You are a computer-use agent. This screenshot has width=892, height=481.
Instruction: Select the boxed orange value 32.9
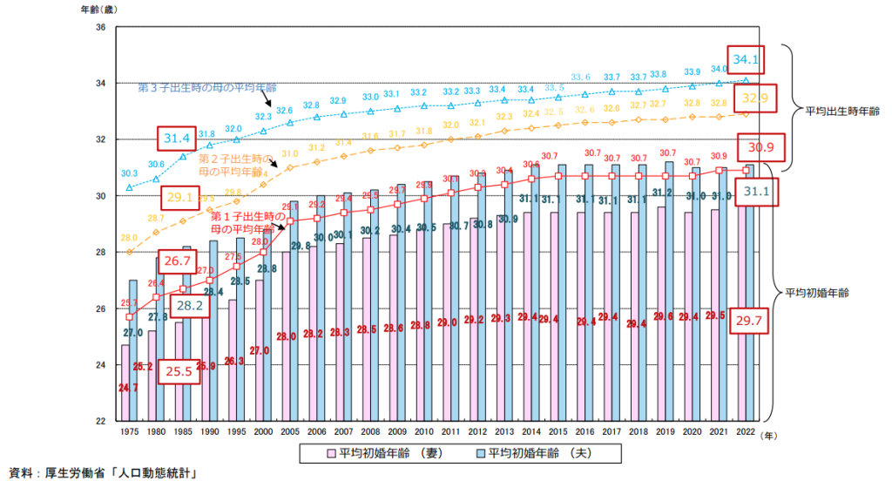point(754,99)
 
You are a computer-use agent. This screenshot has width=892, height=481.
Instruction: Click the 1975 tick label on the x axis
point(129,432)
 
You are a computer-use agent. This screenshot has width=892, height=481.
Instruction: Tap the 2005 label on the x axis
point(291,432)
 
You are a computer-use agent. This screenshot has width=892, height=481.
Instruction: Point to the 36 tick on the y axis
point(100,27)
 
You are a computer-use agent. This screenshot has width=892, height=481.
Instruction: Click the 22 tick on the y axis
point(100,421)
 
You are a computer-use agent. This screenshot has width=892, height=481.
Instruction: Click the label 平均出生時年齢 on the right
point(836,111)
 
